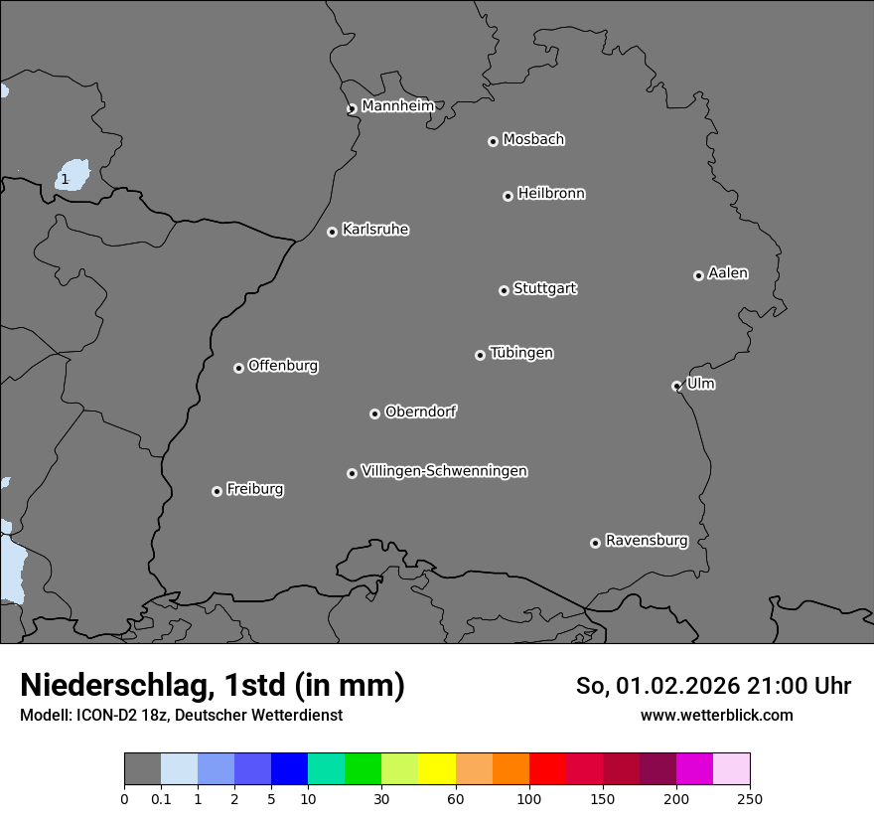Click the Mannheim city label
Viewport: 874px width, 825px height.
(x=397, y=105)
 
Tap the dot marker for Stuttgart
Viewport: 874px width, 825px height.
(x=504, y=290)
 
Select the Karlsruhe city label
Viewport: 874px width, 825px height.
(x=375, y=230)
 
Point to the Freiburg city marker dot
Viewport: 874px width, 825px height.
(x=217, y=491)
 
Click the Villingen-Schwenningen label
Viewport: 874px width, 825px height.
(x=444, y=471)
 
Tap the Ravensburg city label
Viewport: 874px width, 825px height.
(x=647, y=541)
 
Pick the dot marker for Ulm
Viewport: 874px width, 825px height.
(x=676, y=386)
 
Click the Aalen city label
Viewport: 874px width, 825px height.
(x=728, y=273)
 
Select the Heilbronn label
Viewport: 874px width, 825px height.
(x=551, y=194)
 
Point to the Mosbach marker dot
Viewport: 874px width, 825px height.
(x=493, y=141)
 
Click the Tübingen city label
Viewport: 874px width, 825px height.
(x=521, y=353)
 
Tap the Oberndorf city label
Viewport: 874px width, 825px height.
(x=421, y=412)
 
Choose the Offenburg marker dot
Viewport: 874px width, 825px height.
(x=238, y=368)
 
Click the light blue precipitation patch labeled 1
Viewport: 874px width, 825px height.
(x=73, y=176)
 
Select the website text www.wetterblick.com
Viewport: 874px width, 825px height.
(x=716, y=715)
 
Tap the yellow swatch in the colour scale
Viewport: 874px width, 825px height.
(x=437, y=769)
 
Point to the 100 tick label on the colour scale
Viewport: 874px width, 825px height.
(x=529, y=799)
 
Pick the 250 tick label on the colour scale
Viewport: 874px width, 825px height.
(x=750, y=799)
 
